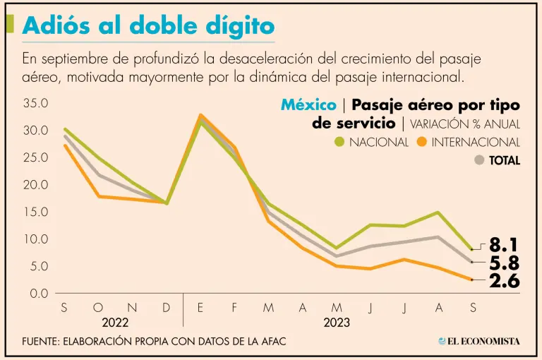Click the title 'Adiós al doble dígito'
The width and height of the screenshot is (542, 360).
[148, 26]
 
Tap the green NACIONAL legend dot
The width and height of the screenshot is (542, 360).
[339, 142]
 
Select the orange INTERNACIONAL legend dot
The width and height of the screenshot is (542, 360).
[422, 142]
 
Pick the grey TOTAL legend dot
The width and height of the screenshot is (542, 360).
[479, 160]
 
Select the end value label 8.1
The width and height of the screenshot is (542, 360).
[504, 246]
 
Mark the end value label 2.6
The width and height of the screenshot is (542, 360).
[504, 282]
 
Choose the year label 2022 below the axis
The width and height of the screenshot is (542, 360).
[115, 323]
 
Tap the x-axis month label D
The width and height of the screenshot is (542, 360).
[167, 308]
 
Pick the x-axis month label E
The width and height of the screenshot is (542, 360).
[200, 308]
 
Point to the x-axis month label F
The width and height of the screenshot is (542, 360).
[234, 308]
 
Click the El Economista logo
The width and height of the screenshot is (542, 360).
[479, 341]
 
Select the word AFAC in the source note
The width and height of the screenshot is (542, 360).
[271, 342]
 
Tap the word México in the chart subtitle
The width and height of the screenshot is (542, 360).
[308, 105]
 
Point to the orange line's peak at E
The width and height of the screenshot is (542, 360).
[201, 115]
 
